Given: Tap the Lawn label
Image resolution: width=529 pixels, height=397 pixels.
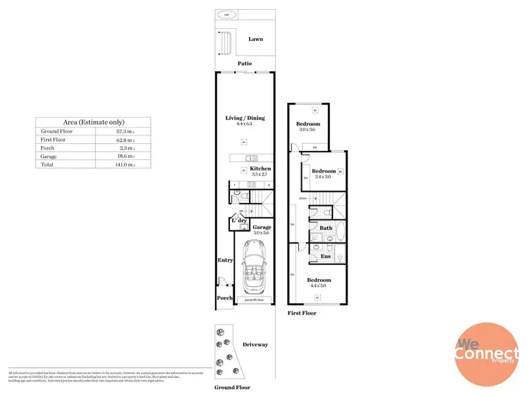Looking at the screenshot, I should (255, 39).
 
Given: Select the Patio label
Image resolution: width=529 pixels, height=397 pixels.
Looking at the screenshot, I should (245, 63).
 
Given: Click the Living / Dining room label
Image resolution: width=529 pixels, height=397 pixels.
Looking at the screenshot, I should (245, 118).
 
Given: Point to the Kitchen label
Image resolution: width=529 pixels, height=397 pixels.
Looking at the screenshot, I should (260, 169).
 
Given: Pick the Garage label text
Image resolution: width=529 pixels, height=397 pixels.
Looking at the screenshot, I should (262, 228).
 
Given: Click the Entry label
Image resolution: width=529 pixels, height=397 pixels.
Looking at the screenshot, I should (225, 260).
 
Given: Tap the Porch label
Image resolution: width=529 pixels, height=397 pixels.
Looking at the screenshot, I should (224, 298).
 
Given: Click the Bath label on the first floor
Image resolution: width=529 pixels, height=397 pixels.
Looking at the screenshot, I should (326, 228).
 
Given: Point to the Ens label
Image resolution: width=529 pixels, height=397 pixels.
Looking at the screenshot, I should (326, 256).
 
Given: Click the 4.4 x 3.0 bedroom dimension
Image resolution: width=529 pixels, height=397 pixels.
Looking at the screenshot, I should (319, 286).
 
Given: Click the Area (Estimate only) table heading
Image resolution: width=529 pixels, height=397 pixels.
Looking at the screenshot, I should (94, 121).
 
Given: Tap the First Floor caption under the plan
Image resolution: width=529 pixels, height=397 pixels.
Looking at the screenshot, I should (302, 312).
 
